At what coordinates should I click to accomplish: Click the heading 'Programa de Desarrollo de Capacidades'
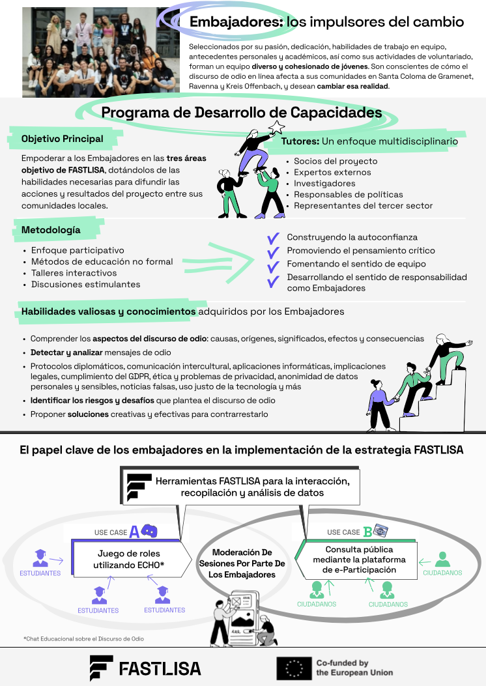point(241,113)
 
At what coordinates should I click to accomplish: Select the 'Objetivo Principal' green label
point(62,139)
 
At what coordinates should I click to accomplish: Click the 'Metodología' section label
point(51,230)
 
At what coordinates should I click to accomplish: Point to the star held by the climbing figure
point(277,126)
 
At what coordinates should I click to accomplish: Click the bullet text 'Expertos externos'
point(332,172)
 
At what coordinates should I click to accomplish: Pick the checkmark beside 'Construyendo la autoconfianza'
point(273,237)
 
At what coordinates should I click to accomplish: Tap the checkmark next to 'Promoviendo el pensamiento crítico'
point(273,251)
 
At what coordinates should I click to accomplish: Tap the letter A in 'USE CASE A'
point(134,532)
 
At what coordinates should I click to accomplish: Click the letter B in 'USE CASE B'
point(367,532)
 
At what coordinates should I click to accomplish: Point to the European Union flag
point(294,668)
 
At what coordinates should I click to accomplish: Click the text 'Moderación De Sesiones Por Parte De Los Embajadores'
point(242,564)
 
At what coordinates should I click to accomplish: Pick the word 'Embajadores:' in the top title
point(236,22)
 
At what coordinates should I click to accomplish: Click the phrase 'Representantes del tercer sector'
point(363,205)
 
